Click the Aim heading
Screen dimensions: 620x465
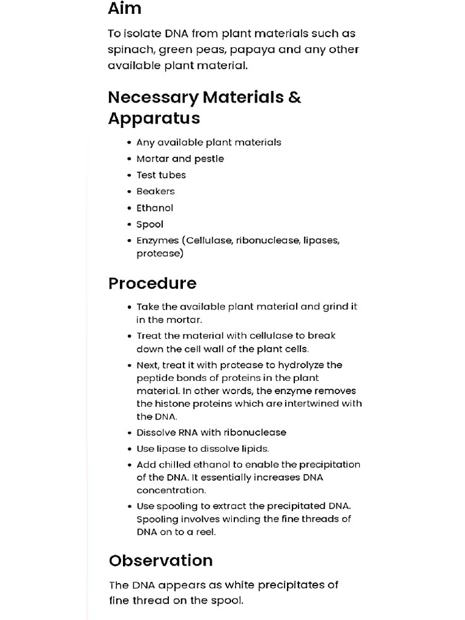tap(125, 8)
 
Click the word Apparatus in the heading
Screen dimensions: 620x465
tap(154, 118)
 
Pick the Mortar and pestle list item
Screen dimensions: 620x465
tap(180, 159)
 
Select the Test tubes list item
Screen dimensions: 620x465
tap(161, 175)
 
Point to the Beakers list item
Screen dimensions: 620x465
tap(156, 191)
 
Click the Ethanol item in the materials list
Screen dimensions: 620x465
tap(154, 208)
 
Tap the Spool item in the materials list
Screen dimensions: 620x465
tap(150, 224)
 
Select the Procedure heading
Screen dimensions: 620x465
tap(152, 283)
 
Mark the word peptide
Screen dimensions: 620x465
tap(154, 378)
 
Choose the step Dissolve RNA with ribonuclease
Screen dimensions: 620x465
tap(211, 432)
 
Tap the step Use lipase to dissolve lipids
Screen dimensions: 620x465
tap(202, 449)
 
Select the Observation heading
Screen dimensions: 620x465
tap(160, 561)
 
